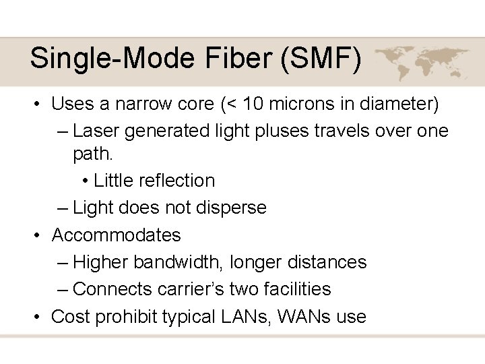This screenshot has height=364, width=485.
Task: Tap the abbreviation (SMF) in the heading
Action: click(321, 59)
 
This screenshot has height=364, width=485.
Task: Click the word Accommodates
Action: click(117, 235)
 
